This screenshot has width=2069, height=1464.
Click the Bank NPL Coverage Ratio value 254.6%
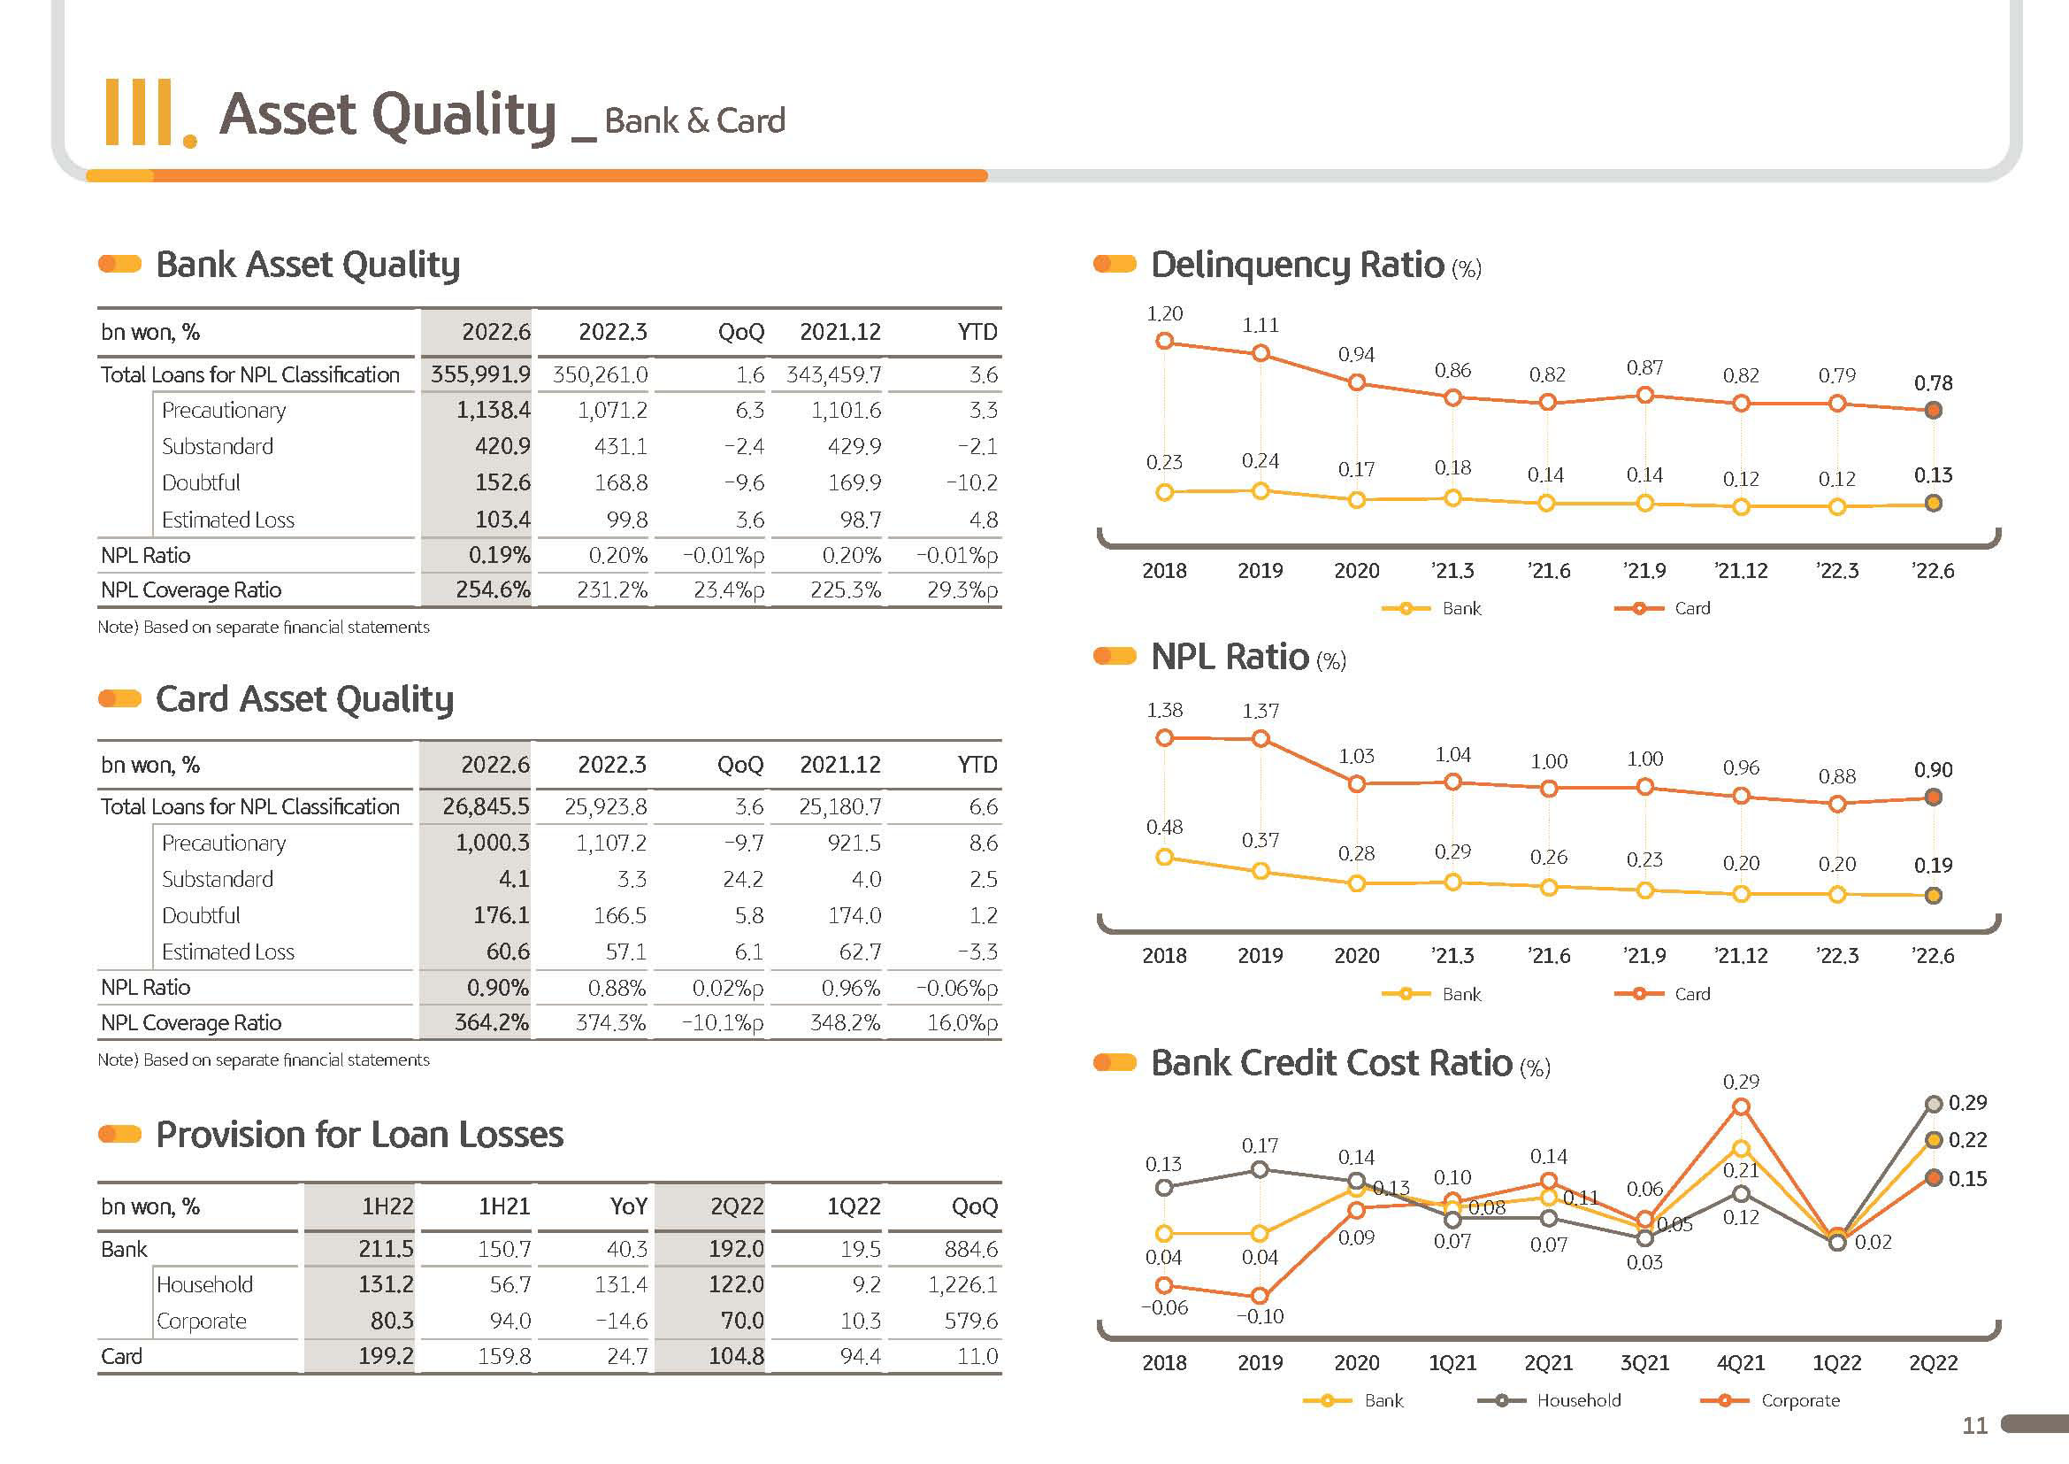pyautogui.click(x=493, y=590)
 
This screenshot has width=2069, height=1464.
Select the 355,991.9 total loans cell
pyautogui.click(x=480, y=374)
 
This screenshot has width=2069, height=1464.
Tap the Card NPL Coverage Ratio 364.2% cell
pyautogui.click(x=492, y=1022)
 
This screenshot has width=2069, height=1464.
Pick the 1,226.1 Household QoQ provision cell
pyautogui.click(x=962, y=1284)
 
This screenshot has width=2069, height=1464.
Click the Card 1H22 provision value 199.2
pyautogui.click(x=386, y=1357)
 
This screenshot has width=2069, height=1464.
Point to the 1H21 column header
pyautogui.click(x=503, y=1206)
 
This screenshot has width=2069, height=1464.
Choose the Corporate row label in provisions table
pyautogui.click(x=202, y=1321)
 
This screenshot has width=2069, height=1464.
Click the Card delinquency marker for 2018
pyautogui.click(x=1164, y=341)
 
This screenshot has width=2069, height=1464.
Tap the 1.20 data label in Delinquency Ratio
pyautogui.click(x=1164, y=313)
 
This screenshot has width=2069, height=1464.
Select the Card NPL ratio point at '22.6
pyautogui.click(x=1933, y=797)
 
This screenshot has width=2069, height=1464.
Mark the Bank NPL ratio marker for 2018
pyautogui.click(x=1164, y=857)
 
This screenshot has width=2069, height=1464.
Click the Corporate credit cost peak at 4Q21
pyautogui.click(x=1741, y=1106)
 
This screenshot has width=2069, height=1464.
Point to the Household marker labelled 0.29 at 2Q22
pyautogui.click(x=1933, y=1104)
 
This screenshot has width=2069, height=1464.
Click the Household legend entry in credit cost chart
pyautogui.click(x=1550, y=1400)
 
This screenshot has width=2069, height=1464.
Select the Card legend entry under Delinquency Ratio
pyautogui.click(x=1663, y=608)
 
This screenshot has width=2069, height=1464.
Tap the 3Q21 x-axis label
pyautogui.click(x=1644, y=1362)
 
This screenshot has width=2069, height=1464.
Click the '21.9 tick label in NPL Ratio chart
pyautogui.click(x=1644, y=956)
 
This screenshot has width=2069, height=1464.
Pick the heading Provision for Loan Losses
pyautogui.click(x=359, y=1134)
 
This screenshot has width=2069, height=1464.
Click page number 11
pyautogui.click(x=1974, y=1425)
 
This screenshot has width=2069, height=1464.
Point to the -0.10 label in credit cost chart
pyautogui.click(x=1260, y=1316)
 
